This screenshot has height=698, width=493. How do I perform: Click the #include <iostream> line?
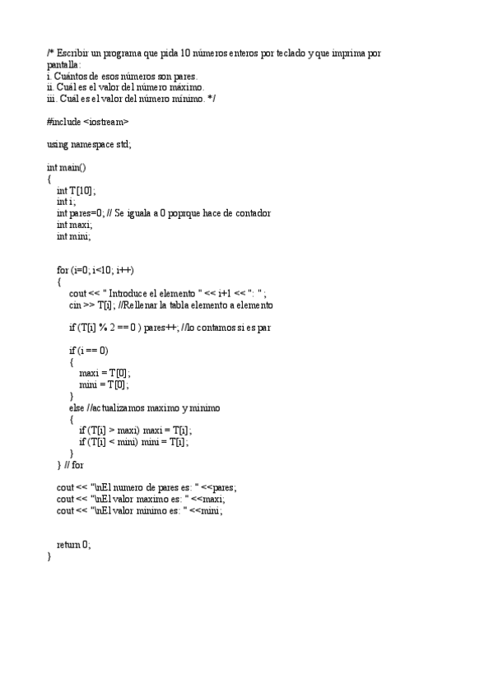[88, 122]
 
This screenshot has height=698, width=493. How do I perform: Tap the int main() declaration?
[66, 167]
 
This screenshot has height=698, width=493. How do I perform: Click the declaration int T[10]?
[75, 190]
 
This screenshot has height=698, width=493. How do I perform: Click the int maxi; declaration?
[75, 225]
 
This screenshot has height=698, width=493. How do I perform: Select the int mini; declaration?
[74, 236]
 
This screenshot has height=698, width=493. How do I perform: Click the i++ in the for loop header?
[125, 270]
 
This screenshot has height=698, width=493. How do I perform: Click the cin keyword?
[75, 305]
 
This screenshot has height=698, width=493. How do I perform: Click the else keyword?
[77, 407]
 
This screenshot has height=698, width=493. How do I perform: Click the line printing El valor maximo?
[140, 499]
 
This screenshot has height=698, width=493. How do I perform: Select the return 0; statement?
[74, 544]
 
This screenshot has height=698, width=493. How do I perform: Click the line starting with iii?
[132, 99]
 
